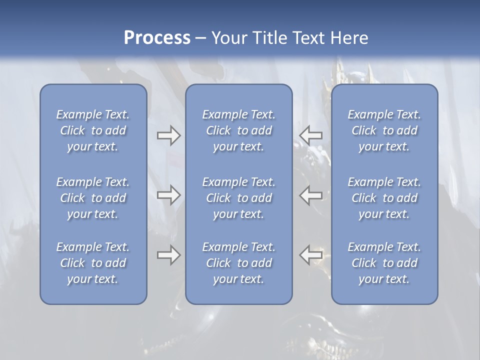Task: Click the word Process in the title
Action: tap(157, 38)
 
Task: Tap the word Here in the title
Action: tap(348, 38)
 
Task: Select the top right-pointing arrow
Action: tap(168, 135)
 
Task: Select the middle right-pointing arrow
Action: tap(168, 195)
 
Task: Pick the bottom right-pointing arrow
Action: tap(168, 255)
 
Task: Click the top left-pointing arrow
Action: tap(311, 135)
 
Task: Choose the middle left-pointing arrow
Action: tap(311, 195)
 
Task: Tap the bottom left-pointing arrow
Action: tap(311, 255)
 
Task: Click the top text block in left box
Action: tap(93, 130)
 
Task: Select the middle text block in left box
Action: tap(93, 198)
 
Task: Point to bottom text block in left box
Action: tap(93, 263)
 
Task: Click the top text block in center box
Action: tap(238, 130)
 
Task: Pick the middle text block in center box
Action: tap(238, 198)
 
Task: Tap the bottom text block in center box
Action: tap(238, 263)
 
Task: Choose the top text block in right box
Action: tap(384, 130)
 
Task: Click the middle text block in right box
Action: tap(384, 198)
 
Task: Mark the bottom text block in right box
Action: tap(384, 263)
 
